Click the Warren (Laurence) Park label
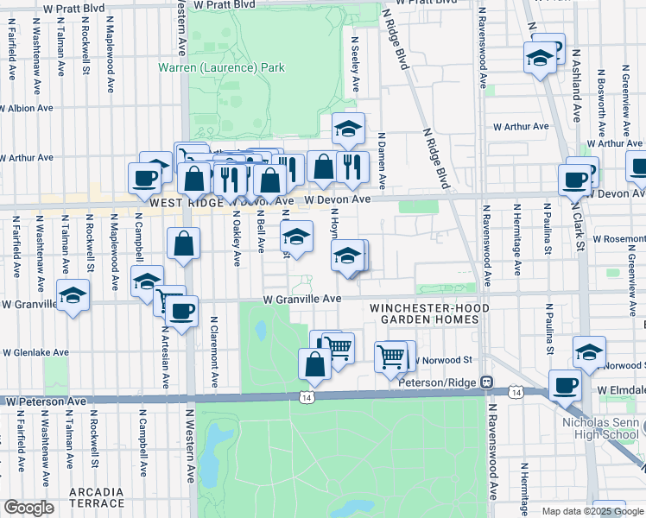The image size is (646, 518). pos(221,67)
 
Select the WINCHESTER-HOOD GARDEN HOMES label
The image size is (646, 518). pos(429,313)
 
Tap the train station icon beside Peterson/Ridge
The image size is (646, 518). pos(487,382)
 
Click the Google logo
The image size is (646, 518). pos(28,508)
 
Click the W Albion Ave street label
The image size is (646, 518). pos(27,109)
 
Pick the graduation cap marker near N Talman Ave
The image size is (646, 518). pos(73,295)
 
